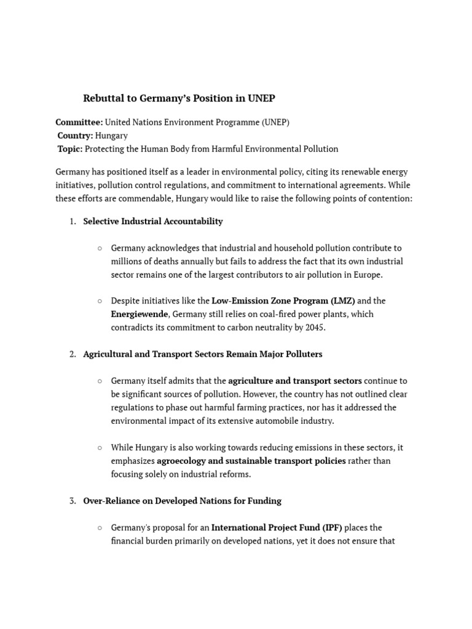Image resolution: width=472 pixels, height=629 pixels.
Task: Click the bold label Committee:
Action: point(79,122)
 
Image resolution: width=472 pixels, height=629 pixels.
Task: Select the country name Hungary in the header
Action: point(112,136)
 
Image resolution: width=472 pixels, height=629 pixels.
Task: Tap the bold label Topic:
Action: point(70,149)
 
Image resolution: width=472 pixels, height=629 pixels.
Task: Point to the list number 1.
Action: point(72,221)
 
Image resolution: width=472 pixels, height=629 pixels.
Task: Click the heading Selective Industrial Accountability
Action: point(153,221)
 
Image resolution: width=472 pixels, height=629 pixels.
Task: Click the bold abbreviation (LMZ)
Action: point(341,301)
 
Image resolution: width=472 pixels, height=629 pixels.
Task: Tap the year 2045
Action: point(315,328)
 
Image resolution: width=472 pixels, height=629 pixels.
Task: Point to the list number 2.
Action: point(72,354)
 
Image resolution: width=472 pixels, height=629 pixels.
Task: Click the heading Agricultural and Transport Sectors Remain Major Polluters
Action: point(203,354)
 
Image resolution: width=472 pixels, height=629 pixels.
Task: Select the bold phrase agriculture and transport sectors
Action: point(295,381)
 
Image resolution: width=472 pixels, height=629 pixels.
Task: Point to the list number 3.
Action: point(72,501)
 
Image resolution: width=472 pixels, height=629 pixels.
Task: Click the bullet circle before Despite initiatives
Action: point(100,301)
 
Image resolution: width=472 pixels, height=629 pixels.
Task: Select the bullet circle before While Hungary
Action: point(100,448)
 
